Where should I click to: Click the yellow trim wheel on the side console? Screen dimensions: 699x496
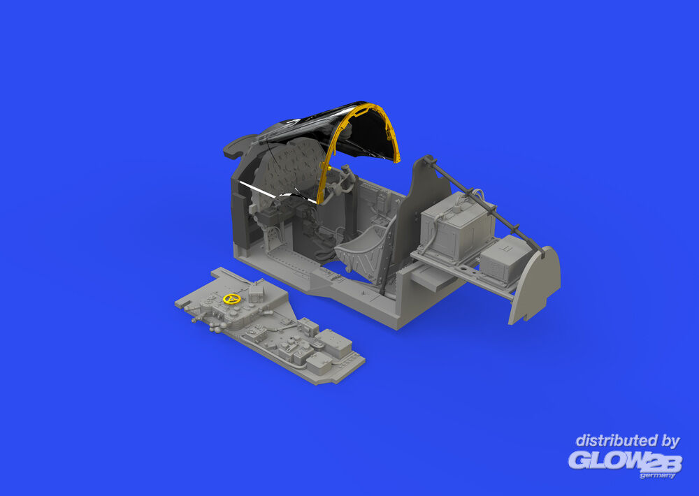coord(232,298)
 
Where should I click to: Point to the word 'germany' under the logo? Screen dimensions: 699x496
coord(658,476)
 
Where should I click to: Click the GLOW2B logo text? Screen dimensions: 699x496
coord(625,461)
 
